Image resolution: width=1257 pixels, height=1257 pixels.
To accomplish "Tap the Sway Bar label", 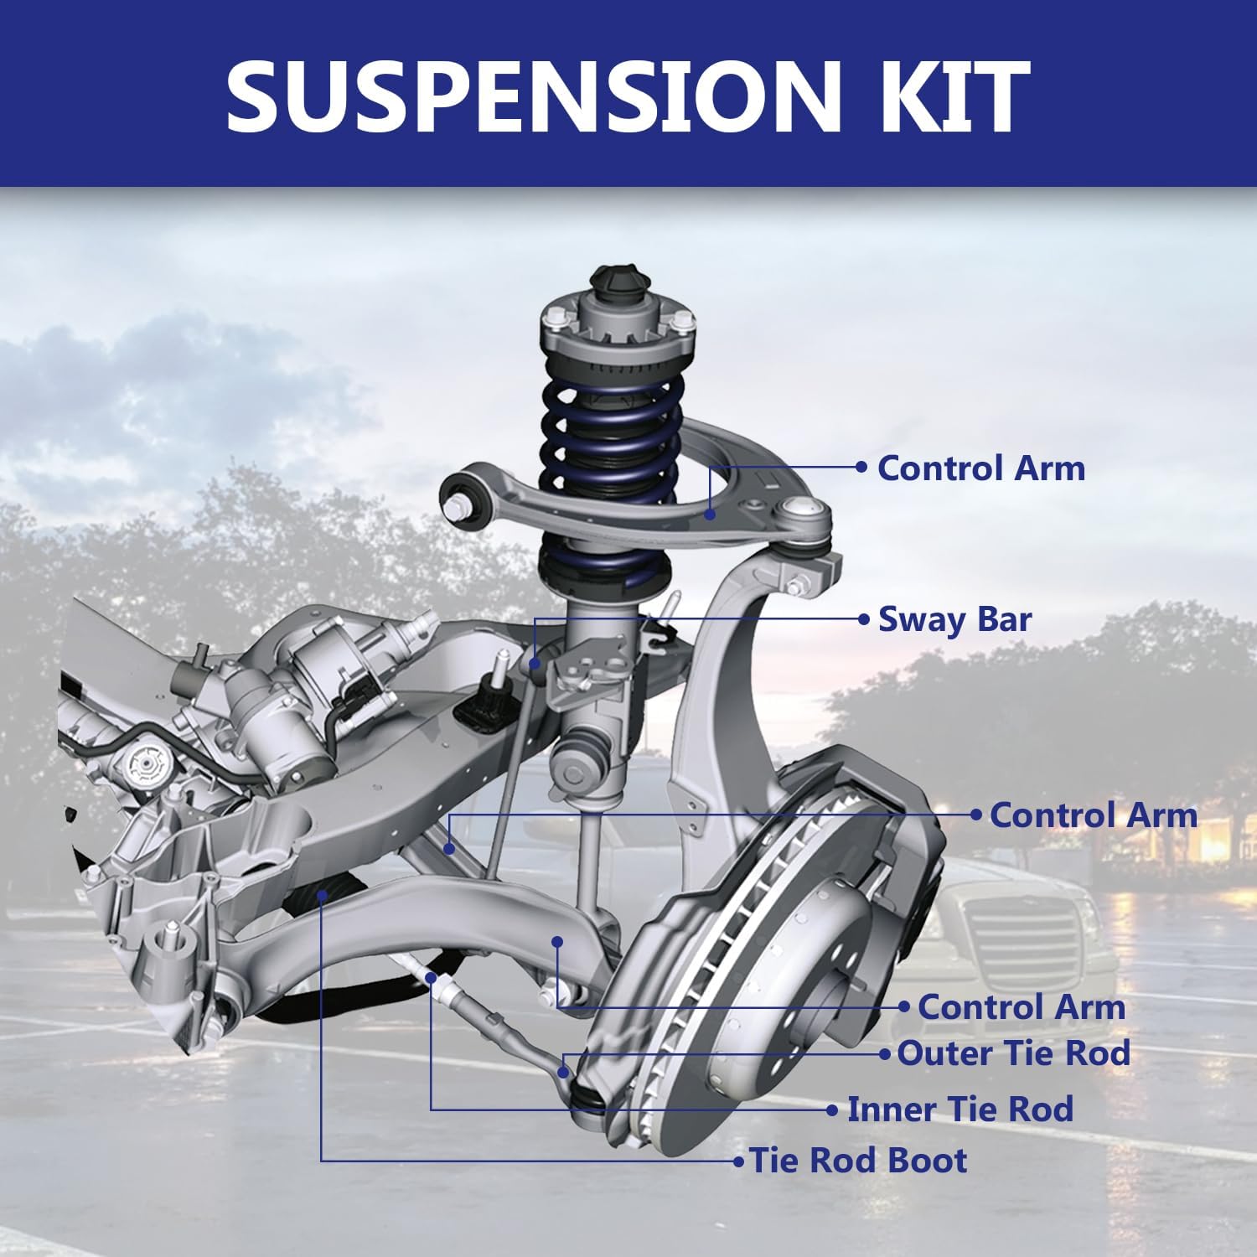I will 954,619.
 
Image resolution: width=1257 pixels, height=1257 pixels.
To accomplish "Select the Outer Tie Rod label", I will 1013,1053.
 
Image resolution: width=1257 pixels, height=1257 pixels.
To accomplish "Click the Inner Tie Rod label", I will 960,1109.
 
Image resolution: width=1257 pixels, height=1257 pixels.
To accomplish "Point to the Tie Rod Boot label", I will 858,1161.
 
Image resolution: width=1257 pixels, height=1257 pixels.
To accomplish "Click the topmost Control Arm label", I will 980,468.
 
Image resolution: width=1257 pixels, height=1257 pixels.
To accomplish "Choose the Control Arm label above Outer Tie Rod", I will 1021,1006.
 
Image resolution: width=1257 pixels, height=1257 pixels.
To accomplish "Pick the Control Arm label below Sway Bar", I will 1093,815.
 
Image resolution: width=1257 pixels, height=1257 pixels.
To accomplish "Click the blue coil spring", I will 612,436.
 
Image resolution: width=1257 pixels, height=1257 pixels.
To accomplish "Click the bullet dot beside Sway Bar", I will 865,619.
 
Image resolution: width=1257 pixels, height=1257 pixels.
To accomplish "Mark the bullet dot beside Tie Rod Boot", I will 738,1161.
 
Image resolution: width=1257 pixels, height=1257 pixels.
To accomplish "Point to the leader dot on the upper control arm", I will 710,514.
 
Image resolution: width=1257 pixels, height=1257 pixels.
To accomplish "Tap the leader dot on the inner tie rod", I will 431,978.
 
